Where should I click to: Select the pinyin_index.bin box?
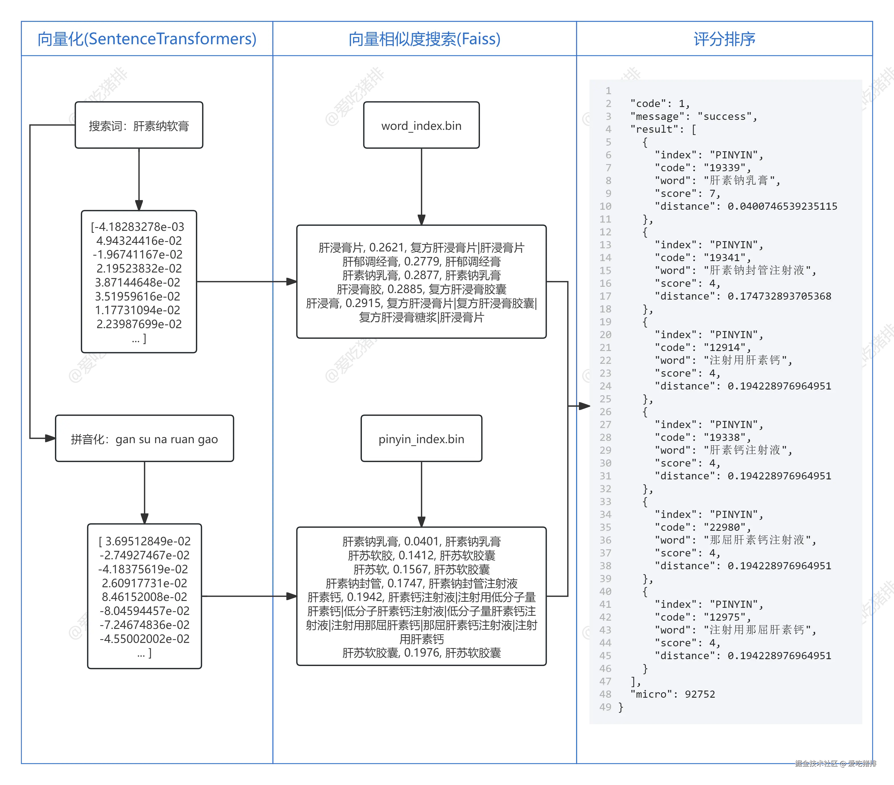pos(421,439)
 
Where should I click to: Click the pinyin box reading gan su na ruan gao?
pos(144,439)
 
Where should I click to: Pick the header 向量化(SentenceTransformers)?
pos(147,39)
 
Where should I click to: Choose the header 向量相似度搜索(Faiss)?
pos(424,39)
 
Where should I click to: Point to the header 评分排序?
pos(724,39)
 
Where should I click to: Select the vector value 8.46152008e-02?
pos(144,597)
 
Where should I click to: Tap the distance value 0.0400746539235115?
pos(782,206)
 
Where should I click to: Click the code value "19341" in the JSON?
pos(727,258)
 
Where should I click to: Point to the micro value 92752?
pos(700,694)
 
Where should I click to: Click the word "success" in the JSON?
pos(727,116)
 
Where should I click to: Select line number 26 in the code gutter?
pos(605,412)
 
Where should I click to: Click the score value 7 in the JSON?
pos(712,193)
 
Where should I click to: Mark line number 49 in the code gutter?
pos(605,707)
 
